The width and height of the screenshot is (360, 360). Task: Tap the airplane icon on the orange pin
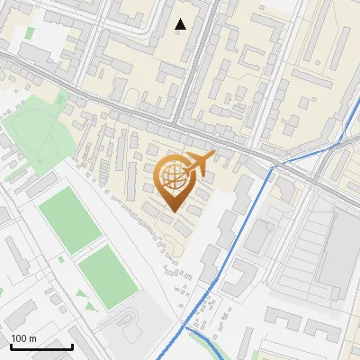pyautogui.click(x=197, y=164)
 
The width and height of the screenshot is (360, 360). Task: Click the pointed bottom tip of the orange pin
pyautogui.click(x=173, y=211)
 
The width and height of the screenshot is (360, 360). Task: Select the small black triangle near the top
pyautogui.click(x=181, y=24)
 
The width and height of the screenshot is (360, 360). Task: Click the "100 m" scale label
pyautogui.click(x=23, y=338)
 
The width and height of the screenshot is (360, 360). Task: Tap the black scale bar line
pyautogui.click(x=40, y=346)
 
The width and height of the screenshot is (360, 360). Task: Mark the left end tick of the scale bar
pyautogui.click(x=10, y=345)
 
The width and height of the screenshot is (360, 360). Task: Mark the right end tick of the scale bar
pyautogui.click(x=72, y=345)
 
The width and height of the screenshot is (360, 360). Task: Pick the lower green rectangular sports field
pyautogui.click(x=107, y=277)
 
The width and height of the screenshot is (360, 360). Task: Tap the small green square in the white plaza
pyautogui.click(x=30, y=33)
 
